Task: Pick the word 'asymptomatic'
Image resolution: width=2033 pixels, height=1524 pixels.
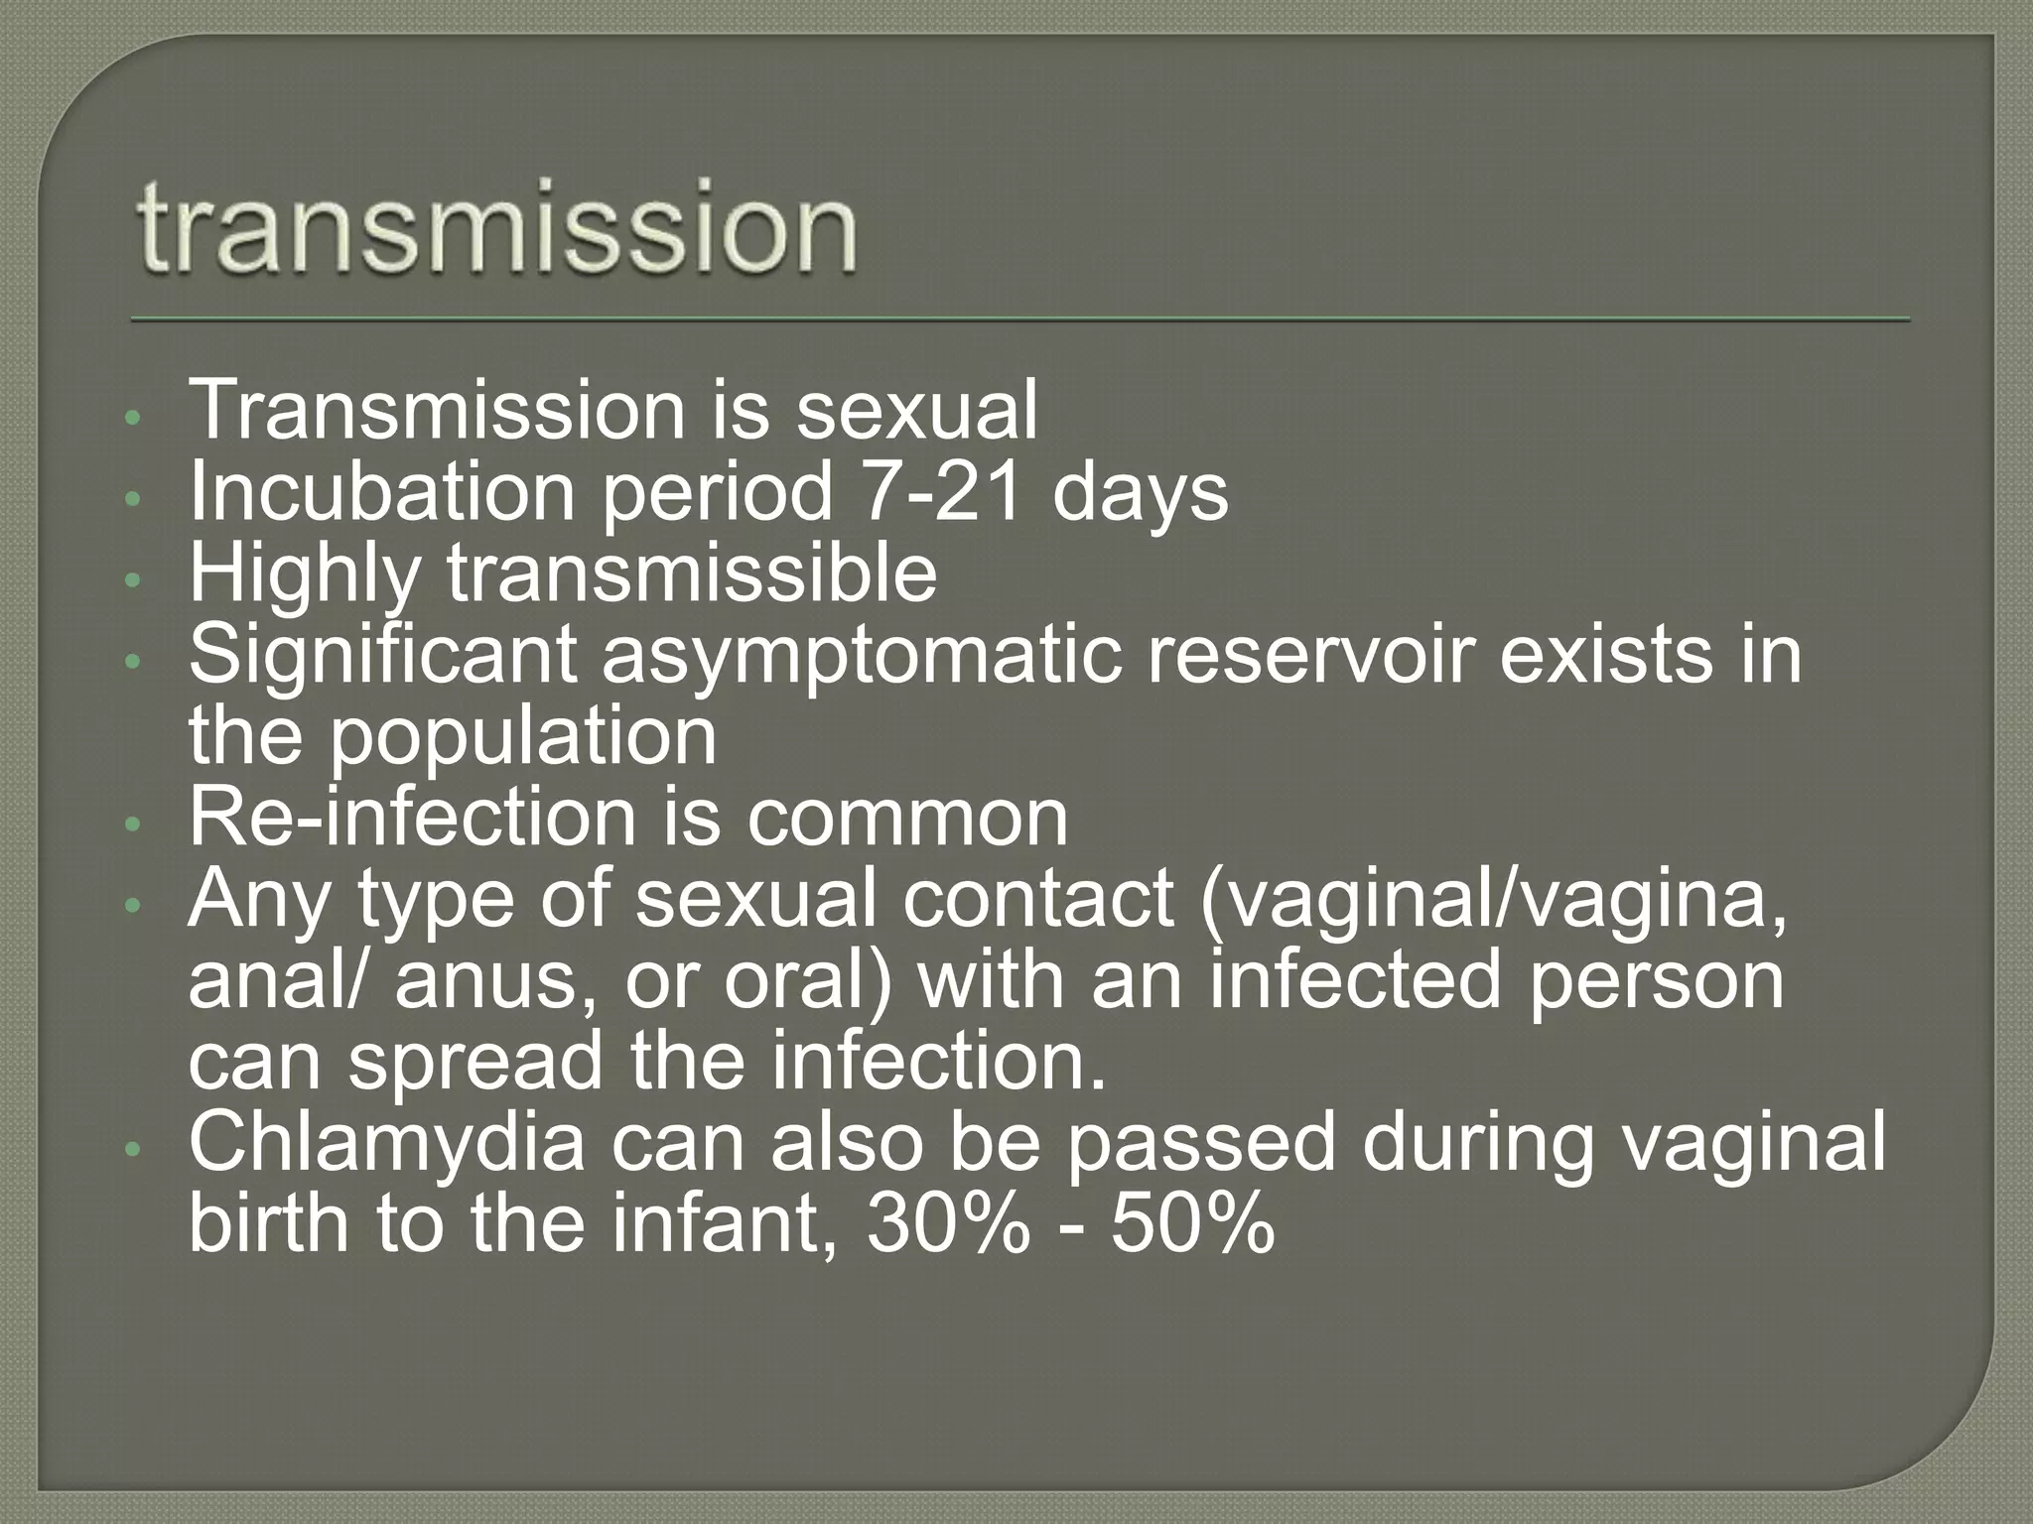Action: click(x=862, y=657)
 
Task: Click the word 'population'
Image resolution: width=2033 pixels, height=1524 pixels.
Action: click(x=522, y=739)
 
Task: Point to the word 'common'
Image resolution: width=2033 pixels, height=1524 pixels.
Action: click(x=907, y=820)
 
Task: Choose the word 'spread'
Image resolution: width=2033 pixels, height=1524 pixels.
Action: click(x=474, y=1063)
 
